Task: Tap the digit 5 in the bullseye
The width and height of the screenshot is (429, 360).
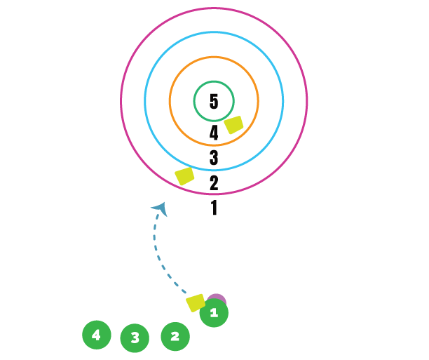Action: [214, 102]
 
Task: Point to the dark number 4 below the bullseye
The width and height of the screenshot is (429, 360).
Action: [214, 133]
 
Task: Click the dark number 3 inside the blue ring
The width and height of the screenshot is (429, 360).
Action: [214, 158]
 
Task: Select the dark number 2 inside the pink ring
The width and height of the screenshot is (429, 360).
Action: [214, 182]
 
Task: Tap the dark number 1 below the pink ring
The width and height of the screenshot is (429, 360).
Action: [214, 208]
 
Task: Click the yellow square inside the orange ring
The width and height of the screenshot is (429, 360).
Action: [233, 125]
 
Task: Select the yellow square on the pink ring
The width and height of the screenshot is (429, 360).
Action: [184, 176]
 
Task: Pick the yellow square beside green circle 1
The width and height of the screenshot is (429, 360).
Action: [196, 302]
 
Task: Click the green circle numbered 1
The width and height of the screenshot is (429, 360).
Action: [214, 314]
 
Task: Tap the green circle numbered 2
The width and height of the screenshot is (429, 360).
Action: [175, 337]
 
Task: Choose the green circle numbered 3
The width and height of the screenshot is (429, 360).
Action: [135, 338]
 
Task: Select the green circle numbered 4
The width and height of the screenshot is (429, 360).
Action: [97, 335]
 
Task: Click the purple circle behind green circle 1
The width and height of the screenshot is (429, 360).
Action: [217, 298]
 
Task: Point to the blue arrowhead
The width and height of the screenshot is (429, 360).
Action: [161, 208]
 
